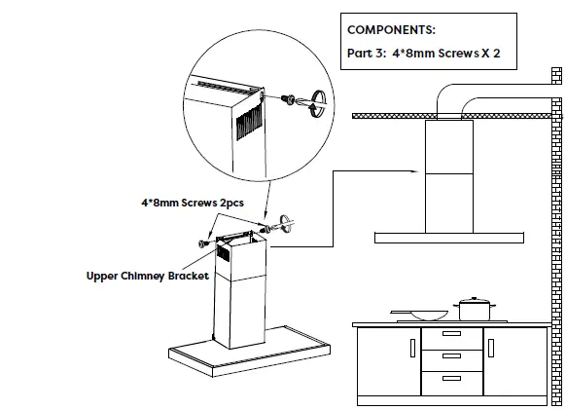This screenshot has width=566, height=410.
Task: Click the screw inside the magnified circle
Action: point(289,98)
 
